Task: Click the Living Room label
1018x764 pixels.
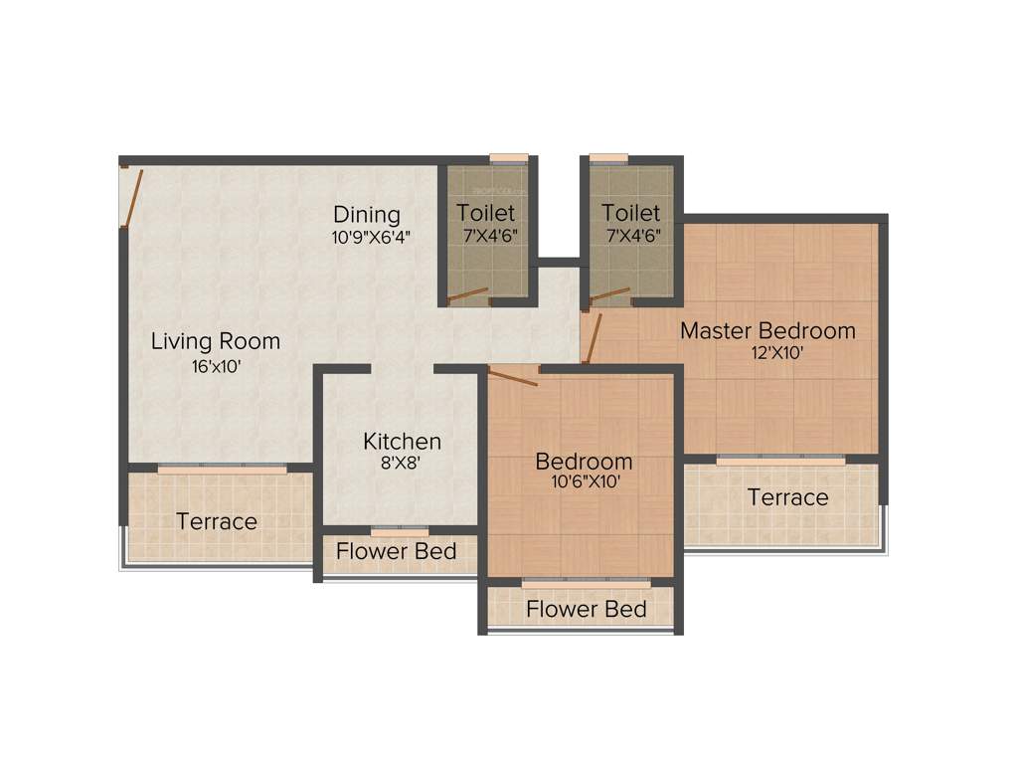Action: click(x=215, y=341)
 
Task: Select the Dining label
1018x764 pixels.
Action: click(x=366, y=214)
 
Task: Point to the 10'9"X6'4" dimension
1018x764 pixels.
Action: click(x=371, y=237)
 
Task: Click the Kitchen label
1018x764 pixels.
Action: click(x=402, y=441)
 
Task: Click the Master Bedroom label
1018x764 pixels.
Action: click(x=767, y=330)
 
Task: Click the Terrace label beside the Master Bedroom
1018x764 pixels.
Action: click(x=787, y=496)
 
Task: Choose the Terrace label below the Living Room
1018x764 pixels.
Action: click(x=217, y=521)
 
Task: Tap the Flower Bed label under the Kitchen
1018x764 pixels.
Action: click(x=396, y=550)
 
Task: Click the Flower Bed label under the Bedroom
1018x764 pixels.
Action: click(x=586, y=609)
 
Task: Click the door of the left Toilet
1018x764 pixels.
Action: click(x=467, y=294)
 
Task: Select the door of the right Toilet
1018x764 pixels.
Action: click(x=609, y=294)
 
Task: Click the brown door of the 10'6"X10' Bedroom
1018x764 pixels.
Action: click(x=513, y=377)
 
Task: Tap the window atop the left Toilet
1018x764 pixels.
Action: click(x=508, y=158)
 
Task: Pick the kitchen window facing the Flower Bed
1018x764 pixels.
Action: click(x=400, y=530)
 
